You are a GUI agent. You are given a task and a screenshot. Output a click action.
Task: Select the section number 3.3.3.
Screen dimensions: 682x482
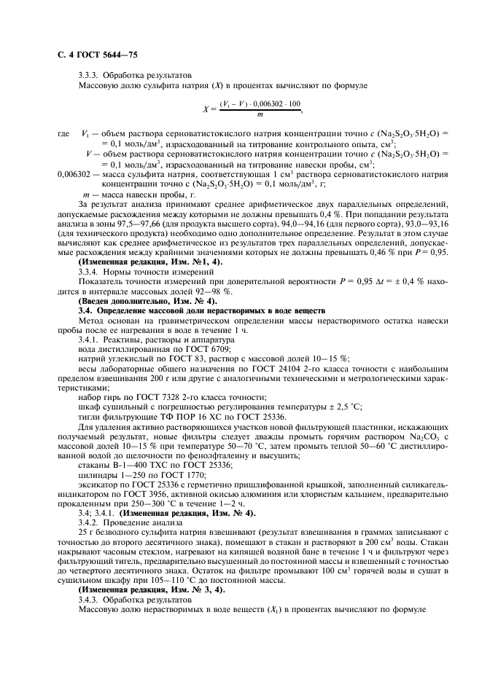(89, 76)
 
